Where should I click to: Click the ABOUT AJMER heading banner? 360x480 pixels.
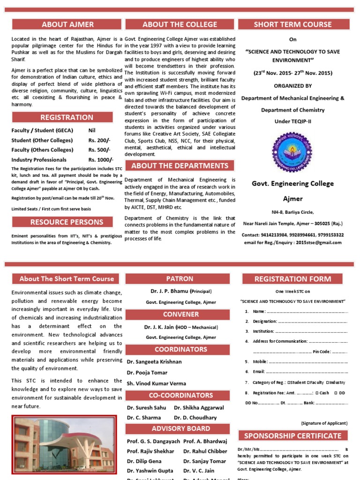pos(67,24)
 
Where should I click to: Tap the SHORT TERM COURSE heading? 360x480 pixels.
pos(292,24)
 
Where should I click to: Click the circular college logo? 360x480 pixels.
pos(292,151)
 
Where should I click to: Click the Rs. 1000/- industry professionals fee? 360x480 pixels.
pos(101,159)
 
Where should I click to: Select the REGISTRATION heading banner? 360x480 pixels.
pos(67,117)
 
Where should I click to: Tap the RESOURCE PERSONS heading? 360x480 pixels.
pos(67,222)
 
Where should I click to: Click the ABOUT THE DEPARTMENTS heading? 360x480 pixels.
pos(180,166)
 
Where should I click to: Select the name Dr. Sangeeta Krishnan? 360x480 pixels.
pos(154,362)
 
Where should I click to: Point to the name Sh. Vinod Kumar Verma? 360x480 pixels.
pos(156,383)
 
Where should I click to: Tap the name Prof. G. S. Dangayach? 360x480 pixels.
pos(153,441)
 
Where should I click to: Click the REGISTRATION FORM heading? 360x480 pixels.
pos(292,279)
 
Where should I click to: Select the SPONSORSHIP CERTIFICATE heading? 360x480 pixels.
pos(292,435)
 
